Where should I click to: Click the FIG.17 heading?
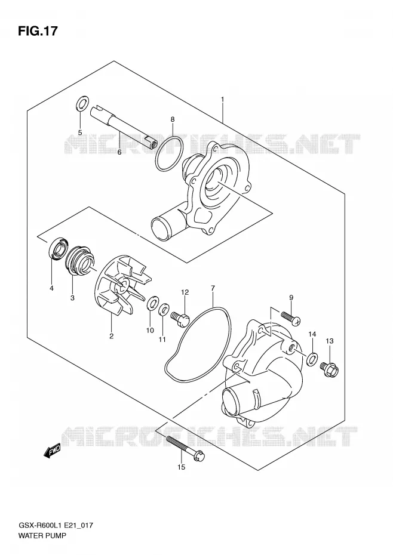click(x=37, y=31)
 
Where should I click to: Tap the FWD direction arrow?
click(x=53, y=451)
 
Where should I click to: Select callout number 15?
click(x=181, y=467)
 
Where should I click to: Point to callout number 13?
click(x=330, y=341)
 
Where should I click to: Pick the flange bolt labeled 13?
click(x=329, y=369)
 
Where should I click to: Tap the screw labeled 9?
click(x=291, y=317)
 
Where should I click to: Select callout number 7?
click(x=213, y=288)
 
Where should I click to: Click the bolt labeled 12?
click(x=180, y=316)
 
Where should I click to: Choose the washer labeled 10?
click(x=152, y=304)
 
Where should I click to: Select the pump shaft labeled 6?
click(x=122, y=127)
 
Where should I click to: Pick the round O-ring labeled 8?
click(x=169, y=153)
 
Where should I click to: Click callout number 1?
click(x=222, y=100)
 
